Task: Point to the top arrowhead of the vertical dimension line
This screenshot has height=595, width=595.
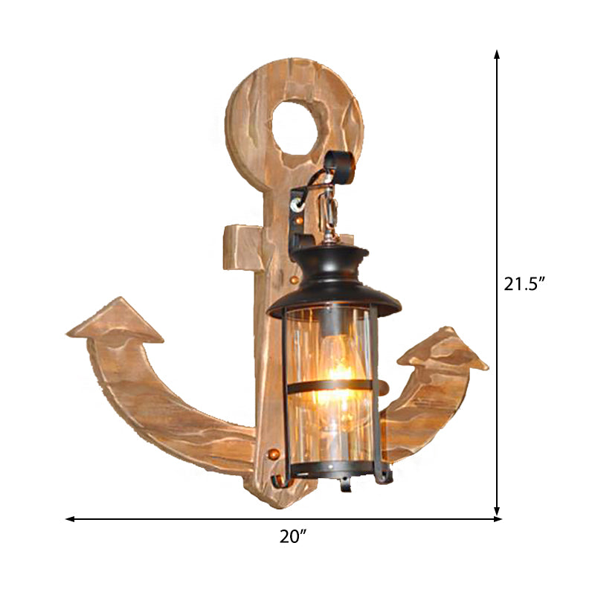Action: pyautogui.click(x=497, y=54)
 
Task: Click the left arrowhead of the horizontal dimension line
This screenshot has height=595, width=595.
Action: pyautogui.click(x=70, y=518)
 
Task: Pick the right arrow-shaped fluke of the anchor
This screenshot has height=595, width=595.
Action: pyautogui.click(x=443, y=349)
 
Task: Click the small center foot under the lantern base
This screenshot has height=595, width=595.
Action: pyautogui.click(x=344, y=484)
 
